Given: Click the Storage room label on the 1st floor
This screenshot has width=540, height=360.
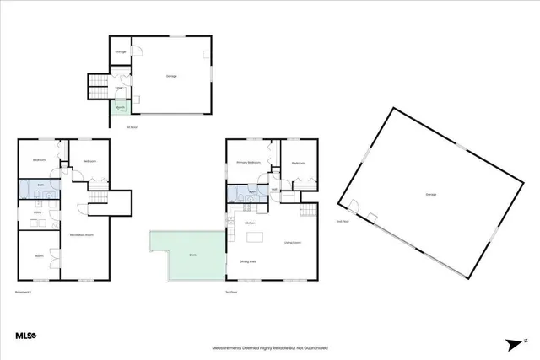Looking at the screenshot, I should click(x=120, y=52).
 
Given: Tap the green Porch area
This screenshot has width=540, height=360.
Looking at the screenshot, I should click(x=121, y=107).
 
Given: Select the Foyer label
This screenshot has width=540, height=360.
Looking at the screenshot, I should click(x=121, y=87).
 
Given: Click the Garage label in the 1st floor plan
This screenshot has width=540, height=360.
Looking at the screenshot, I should click(x=171, y=77).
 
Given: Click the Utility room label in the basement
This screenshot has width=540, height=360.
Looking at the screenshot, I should click(x=37, y=212).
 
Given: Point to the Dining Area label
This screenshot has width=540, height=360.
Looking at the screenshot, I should click(x=249, y=261).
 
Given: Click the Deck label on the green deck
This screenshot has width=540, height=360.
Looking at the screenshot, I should click(x=193, y=253).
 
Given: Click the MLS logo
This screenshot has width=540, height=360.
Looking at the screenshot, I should click(x=26, y=336).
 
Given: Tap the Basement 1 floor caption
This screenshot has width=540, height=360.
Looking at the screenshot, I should click(x=23, y=292).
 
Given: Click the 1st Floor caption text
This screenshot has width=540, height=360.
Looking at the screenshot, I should click(x=130, y=127).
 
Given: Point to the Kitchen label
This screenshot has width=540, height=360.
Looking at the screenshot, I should click(x=250, y=223).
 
